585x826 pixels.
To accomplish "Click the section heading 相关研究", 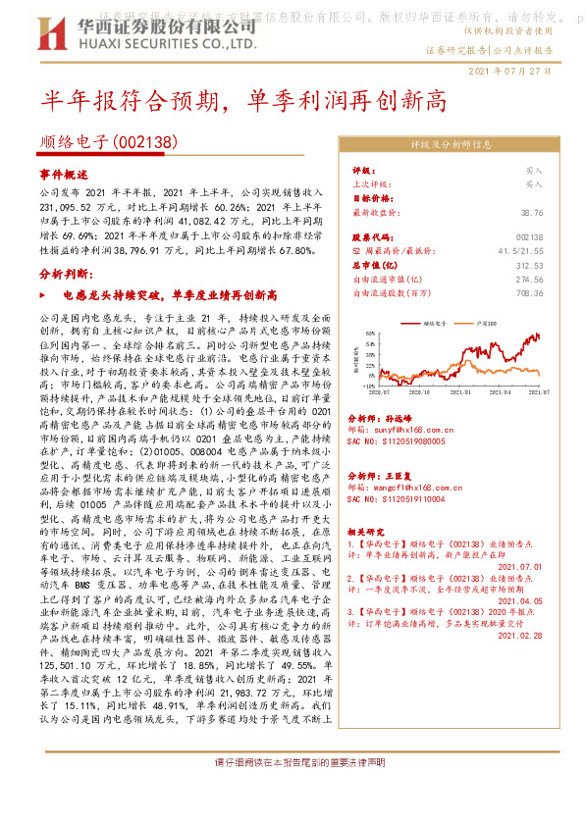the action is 369,530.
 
